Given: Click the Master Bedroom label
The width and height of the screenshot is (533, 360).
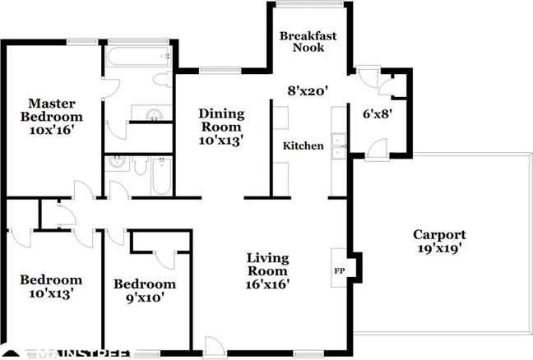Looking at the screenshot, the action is (52, 110).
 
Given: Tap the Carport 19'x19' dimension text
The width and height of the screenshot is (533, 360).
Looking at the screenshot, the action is (439, 248).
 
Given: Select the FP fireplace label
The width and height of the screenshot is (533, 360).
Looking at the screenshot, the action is (340, 270).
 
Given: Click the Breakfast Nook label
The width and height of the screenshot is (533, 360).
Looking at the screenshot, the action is (308, 41).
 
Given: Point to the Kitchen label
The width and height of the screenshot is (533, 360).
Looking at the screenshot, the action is (304, 145).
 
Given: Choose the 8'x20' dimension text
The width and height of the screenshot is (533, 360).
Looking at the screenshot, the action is (308, 90).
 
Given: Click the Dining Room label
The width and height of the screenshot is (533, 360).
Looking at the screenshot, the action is (221, 120).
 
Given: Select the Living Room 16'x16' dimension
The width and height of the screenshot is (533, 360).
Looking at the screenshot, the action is (267, 284).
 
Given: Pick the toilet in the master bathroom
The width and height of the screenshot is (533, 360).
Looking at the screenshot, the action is (163, 80).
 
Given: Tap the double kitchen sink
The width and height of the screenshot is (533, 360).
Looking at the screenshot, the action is (339, 146).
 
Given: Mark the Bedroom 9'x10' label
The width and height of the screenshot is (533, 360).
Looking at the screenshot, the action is (145, 291).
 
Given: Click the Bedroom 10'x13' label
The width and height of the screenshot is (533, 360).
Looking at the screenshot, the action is (51, 286).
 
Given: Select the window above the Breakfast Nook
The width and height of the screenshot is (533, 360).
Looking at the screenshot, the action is (309, 4).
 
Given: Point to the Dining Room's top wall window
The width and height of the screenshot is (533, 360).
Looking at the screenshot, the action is (220, 71).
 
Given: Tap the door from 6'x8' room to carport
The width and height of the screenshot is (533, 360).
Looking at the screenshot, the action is (378, 150).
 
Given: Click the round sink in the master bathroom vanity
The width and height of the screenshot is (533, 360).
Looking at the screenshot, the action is (154, 114).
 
